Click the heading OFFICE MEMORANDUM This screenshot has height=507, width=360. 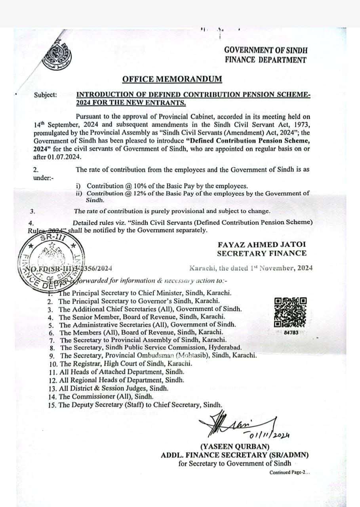coord(172,79)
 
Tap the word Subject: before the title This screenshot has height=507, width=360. coord(45,95)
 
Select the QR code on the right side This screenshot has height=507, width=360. coord(290,313)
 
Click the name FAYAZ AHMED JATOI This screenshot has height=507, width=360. coord(261,245)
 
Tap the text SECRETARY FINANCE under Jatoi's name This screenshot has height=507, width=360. coord(261,253)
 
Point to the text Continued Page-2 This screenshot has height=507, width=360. coord(290,473)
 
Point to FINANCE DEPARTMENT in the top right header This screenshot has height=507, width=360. coord(265,60)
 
